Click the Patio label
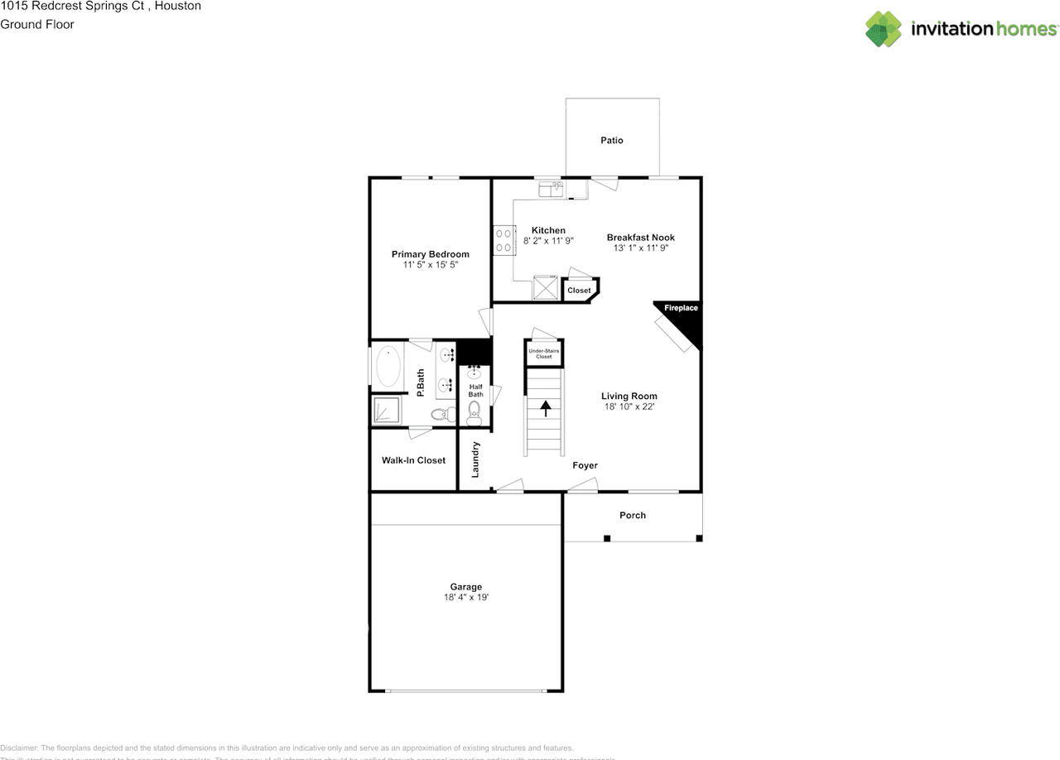(611, 141)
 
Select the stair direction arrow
(546, 407)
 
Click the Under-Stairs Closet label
(544, 354)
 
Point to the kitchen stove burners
(503, 241)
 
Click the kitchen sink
(551, 190)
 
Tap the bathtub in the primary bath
(388, 367)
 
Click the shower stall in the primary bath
(386, 410)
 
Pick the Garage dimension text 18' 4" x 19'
(466, 597)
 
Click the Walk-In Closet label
(413, 460)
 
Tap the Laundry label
(476, 459)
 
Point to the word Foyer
(585, 465)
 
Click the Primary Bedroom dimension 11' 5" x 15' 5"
(430, 265)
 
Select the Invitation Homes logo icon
(884, 29)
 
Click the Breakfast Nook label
(640, 238)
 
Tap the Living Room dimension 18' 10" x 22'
(629, 407)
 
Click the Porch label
(633, 515)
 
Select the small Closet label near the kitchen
(579, 291)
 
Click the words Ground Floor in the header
(37, 24)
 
